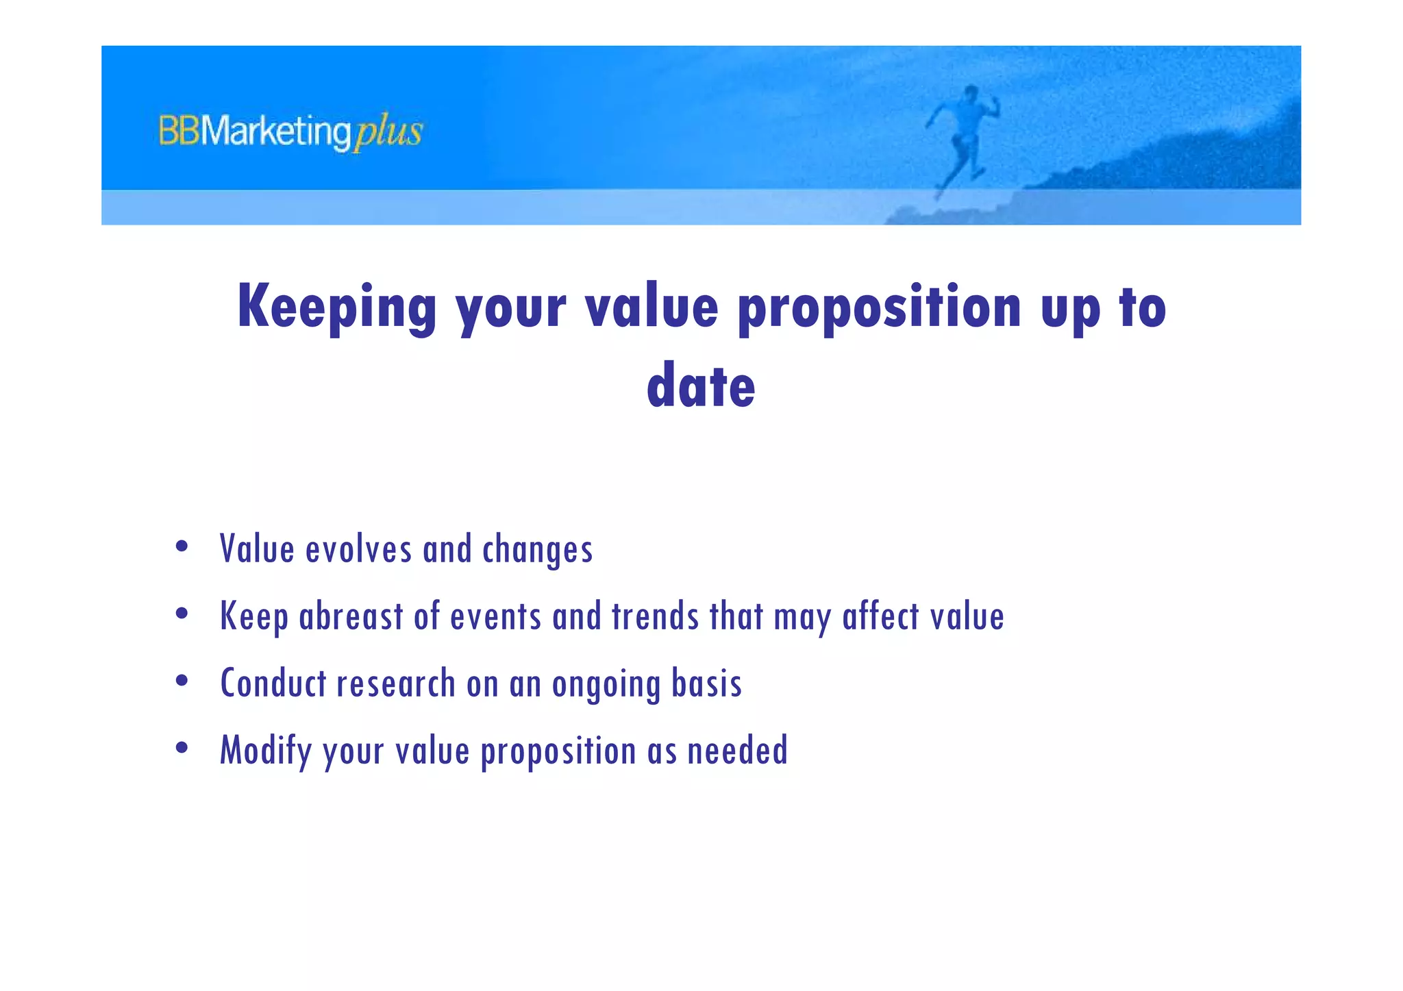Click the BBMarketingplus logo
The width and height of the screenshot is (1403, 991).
point(290,131)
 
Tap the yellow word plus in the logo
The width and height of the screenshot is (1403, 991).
point(388,131)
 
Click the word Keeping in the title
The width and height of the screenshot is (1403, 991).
point(336,308)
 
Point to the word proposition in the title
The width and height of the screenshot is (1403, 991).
point(880,308)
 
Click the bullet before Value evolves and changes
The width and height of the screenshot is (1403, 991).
point(182,547)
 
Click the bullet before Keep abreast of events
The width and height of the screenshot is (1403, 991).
point(182,614)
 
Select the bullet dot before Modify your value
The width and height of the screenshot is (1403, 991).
point(182,748)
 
